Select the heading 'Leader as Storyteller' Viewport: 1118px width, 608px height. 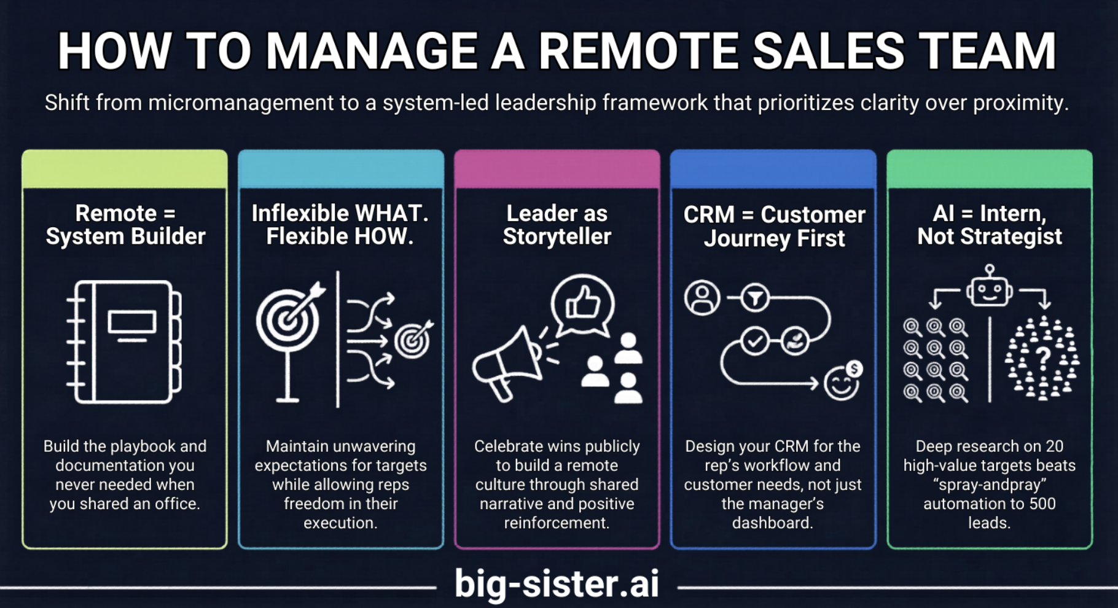[x=557, y=225]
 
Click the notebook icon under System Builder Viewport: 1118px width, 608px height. [x=124, y=341]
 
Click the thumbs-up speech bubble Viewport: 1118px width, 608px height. [x=582, y=304]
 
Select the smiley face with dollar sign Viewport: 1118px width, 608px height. [x=842, y=381]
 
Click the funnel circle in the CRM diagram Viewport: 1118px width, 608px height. [x=755, y=298]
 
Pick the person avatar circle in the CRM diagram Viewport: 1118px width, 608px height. [x=702, y=298]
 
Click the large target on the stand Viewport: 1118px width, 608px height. [x=287, y=319]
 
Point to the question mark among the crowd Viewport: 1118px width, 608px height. [x=1042, y=356]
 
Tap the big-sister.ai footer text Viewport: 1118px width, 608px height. [x=557, y=583]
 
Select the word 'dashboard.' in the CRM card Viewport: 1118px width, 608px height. [x=772, y=523]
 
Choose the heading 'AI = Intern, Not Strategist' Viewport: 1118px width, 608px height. [x=989, y=225]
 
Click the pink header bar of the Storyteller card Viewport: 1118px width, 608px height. [x=557, y=170]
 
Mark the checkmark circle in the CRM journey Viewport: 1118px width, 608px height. [x=754, y=341]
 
